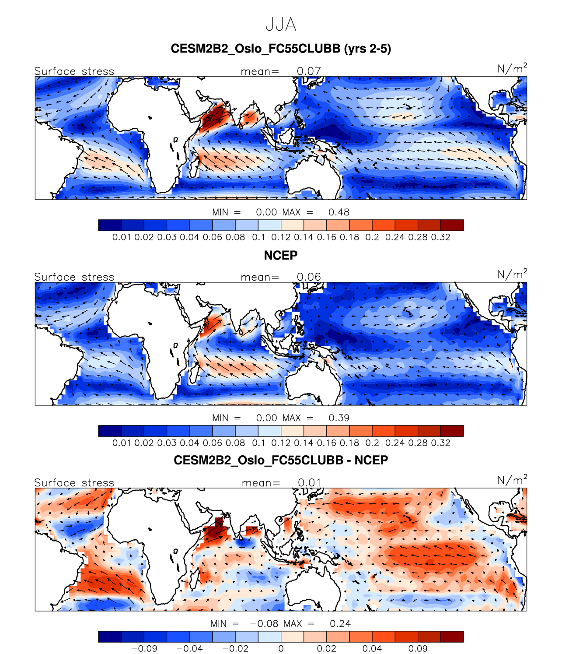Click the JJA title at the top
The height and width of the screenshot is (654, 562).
pyautogui.click(x=281, y=25)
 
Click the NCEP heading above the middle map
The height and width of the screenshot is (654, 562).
pyautogui.click(x=281, y=255)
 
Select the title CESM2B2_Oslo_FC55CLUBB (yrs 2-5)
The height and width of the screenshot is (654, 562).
pyautogui.click(x=281, y=49)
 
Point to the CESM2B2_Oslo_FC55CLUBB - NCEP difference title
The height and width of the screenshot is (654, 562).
pyautogui.click(x=281, y=460)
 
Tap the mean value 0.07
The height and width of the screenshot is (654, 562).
pyautogui.click(x=309, y=71)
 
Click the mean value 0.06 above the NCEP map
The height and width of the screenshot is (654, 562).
pyautogui.click(x=309, y=277)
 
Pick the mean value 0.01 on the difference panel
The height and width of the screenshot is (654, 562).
pyautogui.click(x=310, y=482)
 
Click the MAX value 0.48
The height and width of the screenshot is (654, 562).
pyautogui.click(x=339, y=212)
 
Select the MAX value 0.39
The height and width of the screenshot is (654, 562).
pyautogui.click(x=339, y=418)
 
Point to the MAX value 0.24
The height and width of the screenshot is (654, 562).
pyautogui.click(x=340, y=624)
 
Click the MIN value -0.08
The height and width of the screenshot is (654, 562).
pyautogui.click(x=264, y=624)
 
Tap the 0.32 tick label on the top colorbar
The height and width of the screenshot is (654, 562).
pyautogui.click(x=440, y=237)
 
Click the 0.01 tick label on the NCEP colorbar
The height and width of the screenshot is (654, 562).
pyautogui.click(x=122, y=443)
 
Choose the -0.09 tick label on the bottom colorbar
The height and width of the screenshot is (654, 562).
pyautogui.click(x=144, y=649)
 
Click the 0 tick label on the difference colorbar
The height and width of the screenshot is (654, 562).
pyautogui.click(x=281, y=649)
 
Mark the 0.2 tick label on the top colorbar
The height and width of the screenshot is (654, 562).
pyautogui.click(x=372, y=237)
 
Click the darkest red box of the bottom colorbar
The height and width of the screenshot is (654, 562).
pyautogui.click(x=452, y=636)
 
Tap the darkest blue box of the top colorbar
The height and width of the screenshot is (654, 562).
pyautogui.click(x=110, y=225)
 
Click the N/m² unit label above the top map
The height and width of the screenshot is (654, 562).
pyautogui.click(x=512, y=69)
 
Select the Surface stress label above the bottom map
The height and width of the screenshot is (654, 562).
pyautogui.click(x=74, y=482)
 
